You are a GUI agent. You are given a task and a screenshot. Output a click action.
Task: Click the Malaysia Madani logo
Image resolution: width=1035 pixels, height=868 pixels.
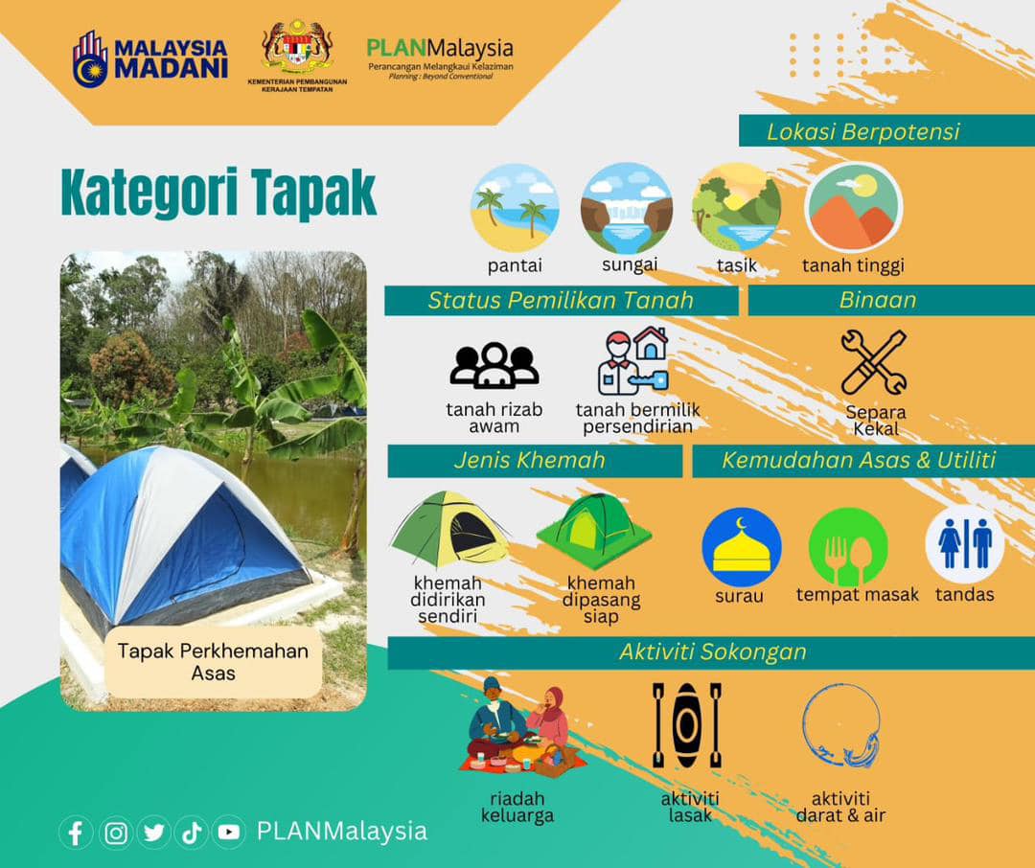click(x=149, y=58)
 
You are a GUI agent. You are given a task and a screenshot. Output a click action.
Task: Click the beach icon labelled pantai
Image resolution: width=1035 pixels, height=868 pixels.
click(x=515, y=209)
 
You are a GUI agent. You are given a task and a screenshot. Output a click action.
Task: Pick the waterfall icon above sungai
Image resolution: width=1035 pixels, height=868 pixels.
click(x=627, y=209)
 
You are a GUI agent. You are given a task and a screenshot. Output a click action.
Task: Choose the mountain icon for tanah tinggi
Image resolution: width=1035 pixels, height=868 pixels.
click(x=854, y=208)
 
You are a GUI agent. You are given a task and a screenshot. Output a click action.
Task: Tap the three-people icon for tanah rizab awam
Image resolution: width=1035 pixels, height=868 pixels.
click(x=494, y=365)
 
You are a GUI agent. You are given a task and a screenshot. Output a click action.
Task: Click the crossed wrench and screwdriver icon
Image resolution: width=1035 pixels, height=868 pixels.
click(x=874, y=362)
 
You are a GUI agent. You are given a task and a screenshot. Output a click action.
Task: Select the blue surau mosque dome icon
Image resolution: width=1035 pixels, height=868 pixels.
click(x=741, y=547)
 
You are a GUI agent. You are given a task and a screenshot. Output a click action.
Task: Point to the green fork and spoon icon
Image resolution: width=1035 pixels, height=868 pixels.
click(x=848, y=547)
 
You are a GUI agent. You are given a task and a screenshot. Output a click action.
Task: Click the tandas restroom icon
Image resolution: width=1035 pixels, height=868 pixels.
click(x=964, y=544)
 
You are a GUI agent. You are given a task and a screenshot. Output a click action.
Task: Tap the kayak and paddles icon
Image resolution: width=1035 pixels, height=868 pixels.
click(x=687, y=724)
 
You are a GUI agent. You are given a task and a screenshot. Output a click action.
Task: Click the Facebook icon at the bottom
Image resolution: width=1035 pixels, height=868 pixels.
click(x=76, y=833)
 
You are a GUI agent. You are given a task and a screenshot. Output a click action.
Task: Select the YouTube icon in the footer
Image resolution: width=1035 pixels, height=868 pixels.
click(x=229, y=833)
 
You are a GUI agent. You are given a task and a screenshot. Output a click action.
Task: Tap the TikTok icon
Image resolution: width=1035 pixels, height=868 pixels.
click(x=192, y=833)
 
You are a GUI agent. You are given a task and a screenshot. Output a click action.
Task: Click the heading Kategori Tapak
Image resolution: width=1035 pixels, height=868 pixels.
click(x=218, y=193)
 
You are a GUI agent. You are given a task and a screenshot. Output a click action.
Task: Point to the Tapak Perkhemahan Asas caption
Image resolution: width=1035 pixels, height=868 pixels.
click(x=213, y=662)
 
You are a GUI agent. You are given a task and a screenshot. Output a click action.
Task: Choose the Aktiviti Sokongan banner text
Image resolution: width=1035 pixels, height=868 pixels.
click(x=713, y=652)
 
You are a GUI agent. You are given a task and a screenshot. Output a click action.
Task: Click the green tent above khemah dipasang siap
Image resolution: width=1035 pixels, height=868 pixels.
click(x=594, y=530)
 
